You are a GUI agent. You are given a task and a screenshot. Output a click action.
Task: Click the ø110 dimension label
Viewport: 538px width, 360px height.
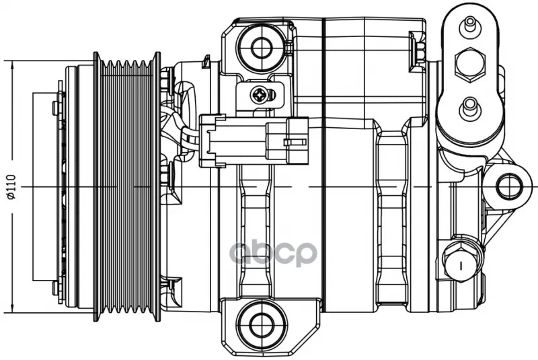click(x=11, y=187)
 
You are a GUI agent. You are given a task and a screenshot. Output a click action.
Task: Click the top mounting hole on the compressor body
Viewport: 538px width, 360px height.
click(x=262, y=47)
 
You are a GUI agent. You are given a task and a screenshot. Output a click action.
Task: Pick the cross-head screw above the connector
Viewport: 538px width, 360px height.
click(x=259, y=94)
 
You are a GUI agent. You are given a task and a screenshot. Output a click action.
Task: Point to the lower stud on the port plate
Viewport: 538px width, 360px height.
click(x=469, y=108)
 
